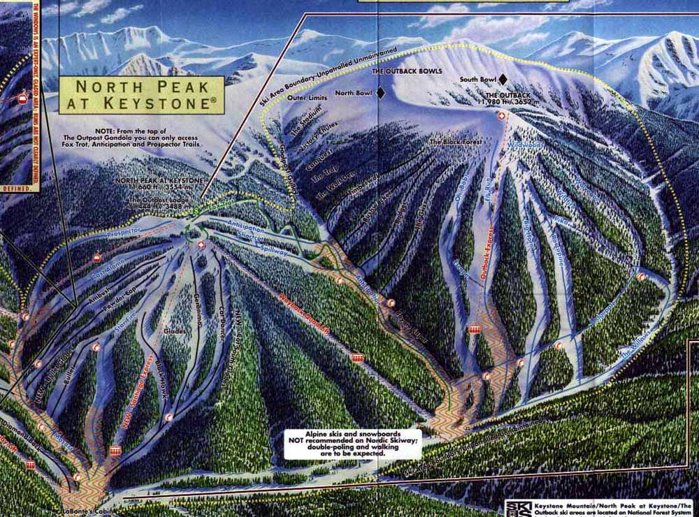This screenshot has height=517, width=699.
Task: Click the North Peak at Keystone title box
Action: coord(141,95)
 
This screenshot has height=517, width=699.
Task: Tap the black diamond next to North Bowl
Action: coord(381,92)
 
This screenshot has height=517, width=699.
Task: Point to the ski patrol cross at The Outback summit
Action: coord(500,117)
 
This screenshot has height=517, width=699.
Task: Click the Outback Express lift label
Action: coord(489,252)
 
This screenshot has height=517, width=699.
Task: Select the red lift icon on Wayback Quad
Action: coord(358,358)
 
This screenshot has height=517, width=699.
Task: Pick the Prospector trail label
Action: coord(126,230)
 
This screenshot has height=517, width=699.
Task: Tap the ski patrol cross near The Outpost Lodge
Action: coord(201,245)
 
